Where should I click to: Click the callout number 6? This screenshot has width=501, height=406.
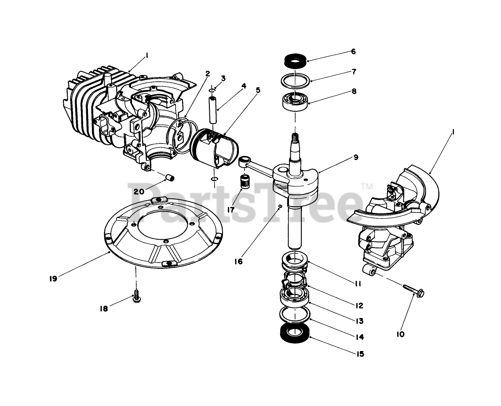tap(353, 51)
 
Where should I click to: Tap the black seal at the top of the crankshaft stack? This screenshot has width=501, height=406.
tap(294, 60)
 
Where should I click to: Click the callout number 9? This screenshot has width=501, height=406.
tap(355, 157)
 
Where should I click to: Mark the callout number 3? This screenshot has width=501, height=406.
tap(223, 78)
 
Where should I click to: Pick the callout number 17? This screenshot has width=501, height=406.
tap(230, 210)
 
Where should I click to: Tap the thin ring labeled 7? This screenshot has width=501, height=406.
tap(294, 81)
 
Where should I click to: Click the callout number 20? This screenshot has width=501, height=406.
tap(139, 191)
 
